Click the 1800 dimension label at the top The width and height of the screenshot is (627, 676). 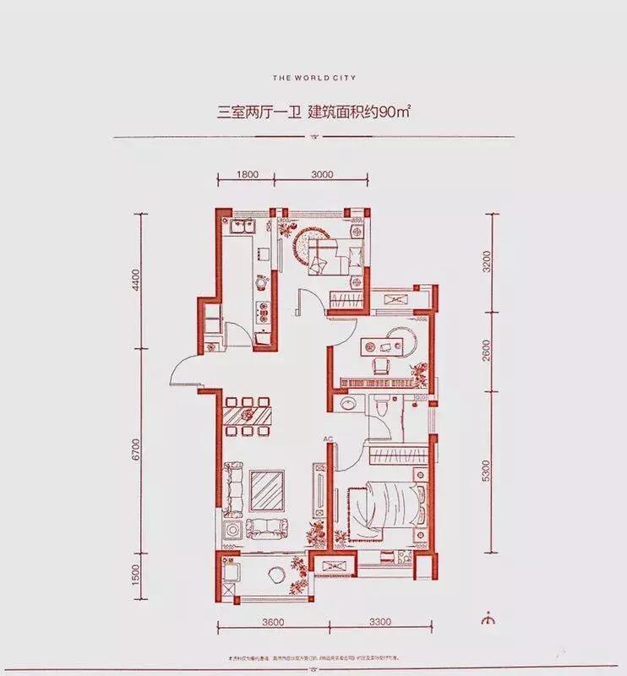click(x=246, y=175)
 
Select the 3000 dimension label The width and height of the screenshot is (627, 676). click(x=323, y=175)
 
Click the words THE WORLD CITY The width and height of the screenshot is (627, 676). click(x=314, y=77)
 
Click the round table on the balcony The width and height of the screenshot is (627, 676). click(x=276, y=575)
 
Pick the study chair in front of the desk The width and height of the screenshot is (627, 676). click(x=380, y=363)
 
